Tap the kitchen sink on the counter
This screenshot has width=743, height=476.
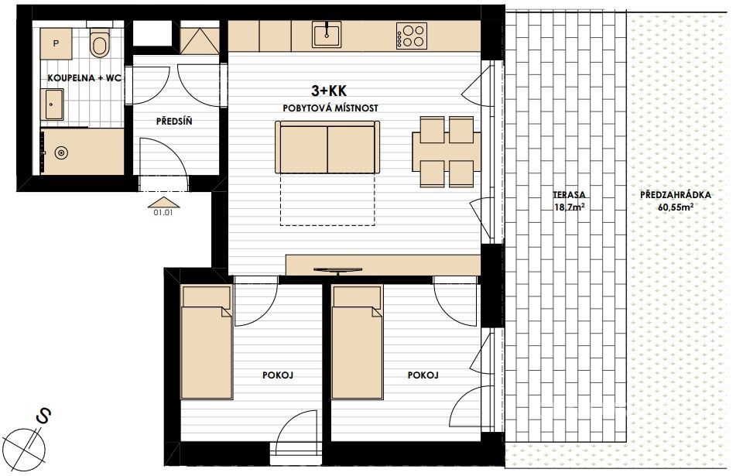click(327, 35)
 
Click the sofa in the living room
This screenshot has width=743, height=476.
click(327, 147)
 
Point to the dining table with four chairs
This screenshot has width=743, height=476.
click(447, 151)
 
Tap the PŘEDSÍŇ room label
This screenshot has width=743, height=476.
click(174, 122)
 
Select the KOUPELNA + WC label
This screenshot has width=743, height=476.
click(84, 78)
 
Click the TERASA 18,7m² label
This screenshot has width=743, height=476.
click(569, 200)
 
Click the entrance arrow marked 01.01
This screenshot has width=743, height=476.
click(164, 203)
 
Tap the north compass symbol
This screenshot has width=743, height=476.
click(29, 441)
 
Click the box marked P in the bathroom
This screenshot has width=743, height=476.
click(56, 43)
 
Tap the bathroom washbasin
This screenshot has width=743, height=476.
click(54, 104)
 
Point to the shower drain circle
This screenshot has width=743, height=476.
click(61, 153)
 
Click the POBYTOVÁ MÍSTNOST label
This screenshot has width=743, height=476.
click(330, 108)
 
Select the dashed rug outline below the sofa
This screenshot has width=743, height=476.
click(328, 199)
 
